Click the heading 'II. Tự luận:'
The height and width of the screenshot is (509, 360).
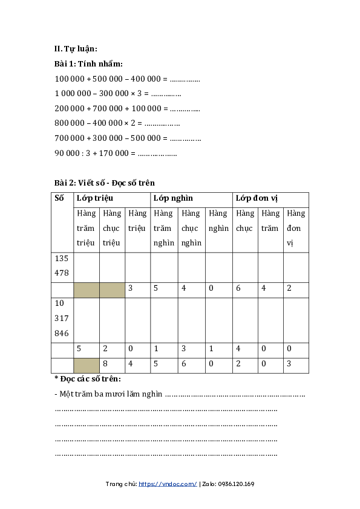pyautogui.click(x=76, y=49)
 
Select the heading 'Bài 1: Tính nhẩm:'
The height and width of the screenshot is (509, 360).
pyautogui.click(x=88, y=64)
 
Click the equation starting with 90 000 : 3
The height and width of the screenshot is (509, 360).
pyautogui.click(x=116, y=154)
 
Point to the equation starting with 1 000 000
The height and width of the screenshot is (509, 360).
pyautogui.click(x=118, y=94)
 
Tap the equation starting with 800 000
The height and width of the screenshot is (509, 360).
pyautogui.click(x=117, y=123)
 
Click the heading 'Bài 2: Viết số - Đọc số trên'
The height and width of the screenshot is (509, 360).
pyautogui.click(x=104, y=183)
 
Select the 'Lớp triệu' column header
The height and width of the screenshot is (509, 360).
pyautogui.click(x=95, y=198)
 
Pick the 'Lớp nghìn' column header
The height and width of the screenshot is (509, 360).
pyautogui.click(x=173, y=198)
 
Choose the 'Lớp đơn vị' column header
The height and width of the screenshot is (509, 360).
pyautogui.click(x=257, y=198)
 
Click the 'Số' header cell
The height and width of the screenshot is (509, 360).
pyautogui.click(x=59, y=198)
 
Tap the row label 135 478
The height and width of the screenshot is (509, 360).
pyautogui.click(x=62, y=265)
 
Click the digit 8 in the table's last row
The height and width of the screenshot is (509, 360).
pyautogui.click(x=105, y=365)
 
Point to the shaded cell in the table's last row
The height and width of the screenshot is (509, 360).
pyautogui.click(x=86, y=365)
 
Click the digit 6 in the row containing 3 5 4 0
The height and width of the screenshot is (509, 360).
pyautogui.click(x=238, y=288)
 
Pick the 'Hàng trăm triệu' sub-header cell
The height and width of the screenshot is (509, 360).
pyautogui.click(x=87, y=228)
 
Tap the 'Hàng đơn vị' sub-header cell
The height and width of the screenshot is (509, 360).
pyautogui.click(x=296, y=228)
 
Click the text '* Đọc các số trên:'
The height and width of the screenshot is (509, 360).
pyautogui.click(x=88, y=379)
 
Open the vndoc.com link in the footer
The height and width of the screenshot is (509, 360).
pyautogui.click(x=168, y=484)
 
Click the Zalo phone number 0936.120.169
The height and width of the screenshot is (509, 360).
pyautogui.click(x=236, y=484)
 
